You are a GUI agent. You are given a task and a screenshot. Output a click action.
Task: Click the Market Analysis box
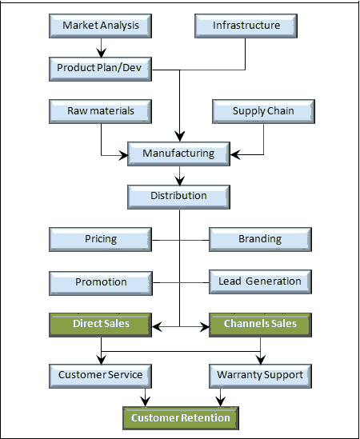100,26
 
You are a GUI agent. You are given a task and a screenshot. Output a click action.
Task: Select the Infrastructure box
246,26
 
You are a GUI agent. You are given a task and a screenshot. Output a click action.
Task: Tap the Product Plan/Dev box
100,69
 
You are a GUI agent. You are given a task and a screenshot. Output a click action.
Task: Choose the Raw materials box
100,111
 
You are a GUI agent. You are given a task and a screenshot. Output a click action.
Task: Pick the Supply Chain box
264,111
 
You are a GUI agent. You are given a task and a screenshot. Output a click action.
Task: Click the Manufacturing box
178,154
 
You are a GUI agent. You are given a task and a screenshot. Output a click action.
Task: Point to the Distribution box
178,197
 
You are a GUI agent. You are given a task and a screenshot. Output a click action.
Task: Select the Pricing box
100,240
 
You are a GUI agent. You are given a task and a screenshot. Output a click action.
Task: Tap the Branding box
260,240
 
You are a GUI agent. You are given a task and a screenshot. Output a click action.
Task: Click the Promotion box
101,283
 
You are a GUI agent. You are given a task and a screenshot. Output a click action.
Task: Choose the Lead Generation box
260,282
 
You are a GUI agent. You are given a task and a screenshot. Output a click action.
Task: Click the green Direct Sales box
100,325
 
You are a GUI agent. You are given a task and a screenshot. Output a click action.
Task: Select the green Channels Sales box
260,325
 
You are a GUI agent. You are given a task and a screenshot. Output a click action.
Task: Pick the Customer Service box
100,376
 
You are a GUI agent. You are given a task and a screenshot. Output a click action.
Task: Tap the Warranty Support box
260,376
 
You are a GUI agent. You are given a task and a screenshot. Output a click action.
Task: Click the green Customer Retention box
181,418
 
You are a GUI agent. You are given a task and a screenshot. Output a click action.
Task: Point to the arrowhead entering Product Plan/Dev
101,53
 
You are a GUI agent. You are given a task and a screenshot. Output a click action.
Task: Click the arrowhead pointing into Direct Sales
157,326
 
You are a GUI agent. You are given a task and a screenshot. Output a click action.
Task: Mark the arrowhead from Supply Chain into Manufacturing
235,154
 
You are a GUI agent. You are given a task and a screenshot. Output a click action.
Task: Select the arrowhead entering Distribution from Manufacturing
179,180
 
